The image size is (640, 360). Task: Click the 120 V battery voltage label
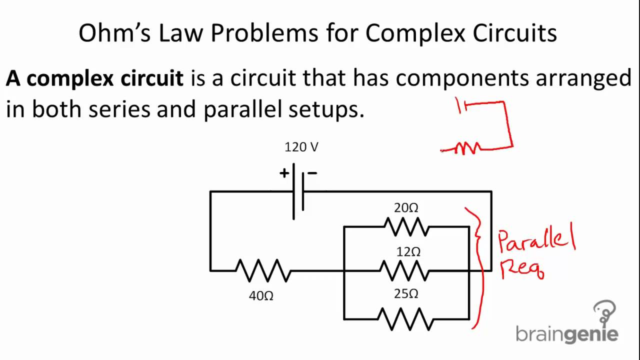[x=301, y=147]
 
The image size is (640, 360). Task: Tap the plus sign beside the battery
[x=284, y=173]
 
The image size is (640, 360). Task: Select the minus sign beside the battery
[x=312, y=173]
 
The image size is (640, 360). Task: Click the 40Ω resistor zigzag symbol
[x=263, y=270]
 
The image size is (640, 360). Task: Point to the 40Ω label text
[x=261, y=296]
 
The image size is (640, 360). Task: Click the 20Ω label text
[x=406, y=208]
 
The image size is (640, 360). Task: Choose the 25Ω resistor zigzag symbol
[x=405, y=319]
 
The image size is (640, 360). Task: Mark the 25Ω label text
[x=406, y=294]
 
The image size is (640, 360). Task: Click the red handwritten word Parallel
[x=536, y=240]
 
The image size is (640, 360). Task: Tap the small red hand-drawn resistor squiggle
[x=468, y=148]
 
